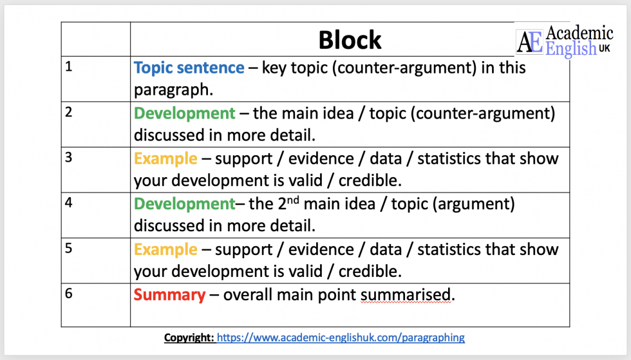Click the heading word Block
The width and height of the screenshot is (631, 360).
point(350,40)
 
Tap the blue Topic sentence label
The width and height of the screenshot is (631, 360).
point(189,68)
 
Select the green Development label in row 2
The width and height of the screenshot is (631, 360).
point(184,113)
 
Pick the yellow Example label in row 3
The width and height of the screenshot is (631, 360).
point(165,158)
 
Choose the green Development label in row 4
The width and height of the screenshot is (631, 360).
point(184,204)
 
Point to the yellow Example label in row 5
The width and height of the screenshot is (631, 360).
point(165,249)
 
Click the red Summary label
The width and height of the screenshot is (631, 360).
point(169,295)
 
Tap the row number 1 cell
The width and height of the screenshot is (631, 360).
point(95,79)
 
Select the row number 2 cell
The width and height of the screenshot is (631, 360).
point(95,124)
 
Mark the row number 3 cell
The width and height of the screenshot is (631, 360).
point(95,169)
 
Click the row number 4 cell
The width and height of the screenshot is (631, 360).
point(95,215)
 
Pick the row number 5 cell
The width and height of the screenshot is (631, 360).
point(95,260)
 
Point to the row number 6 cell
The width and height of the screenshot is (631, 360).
point(95,305)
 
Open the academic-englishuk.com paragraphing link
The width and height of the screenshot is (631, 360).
point(340,337)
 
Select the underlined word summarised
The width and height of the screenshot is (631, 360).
point(405,295)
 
